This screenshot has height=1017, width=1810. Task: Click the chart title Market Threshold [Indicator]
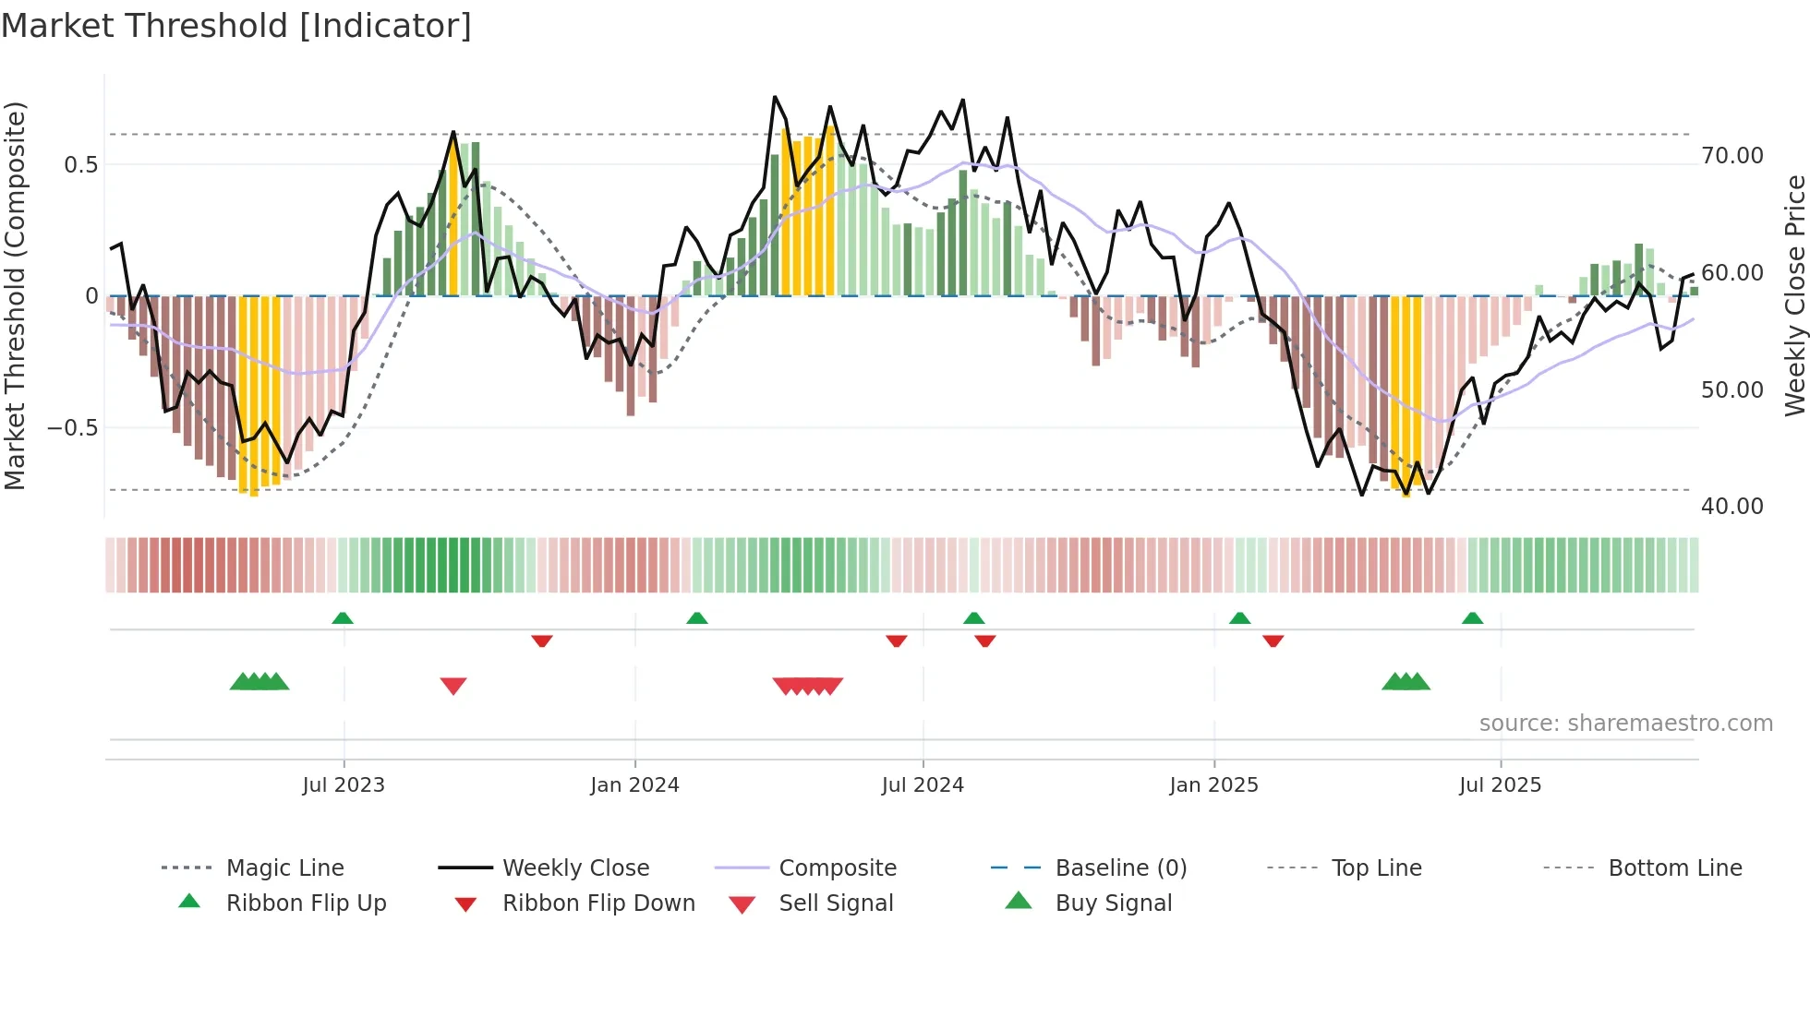click(x=236, y=26)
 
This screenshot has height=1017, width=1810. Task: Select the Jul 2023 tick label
click(x=344, y=785)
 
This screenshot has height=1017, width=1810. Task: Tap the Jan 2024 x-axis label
click(x=634, y=785)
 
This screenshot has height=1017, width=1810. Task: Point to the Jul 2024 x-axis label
click(x=923, y=785)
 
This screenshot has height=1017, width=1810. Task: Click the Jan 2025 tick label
click(x=1213, y=785)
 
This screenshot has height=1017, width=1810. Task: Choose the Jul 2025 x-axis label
click(x=1500, y=785)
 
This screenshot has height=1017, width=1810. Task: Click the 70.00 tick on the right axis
click(x=1732, y=156)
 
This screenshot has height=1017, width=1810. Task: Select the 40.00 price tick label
click(x=1732, y=507)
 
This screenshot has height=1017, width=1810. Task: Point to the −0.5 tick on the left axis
click(x=72, y=428)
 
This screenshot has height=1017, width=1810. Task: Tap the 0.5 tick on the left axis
click(x=80, y=165)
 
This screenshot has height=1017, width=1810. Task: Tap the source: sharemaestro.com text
click(x=1625, y=724)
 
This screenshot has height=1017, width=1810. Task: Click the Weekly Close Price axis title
click(x=1794, y=295)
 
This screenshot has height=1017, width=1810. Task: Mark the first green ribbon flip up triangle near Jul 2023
click(x=343, y=617)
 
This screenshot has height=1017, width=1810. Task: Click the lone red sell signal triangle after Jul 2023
click(x=453, y=686)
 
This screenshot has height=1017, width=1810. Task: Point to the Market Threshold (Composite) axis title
click(x=15, y=295)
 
